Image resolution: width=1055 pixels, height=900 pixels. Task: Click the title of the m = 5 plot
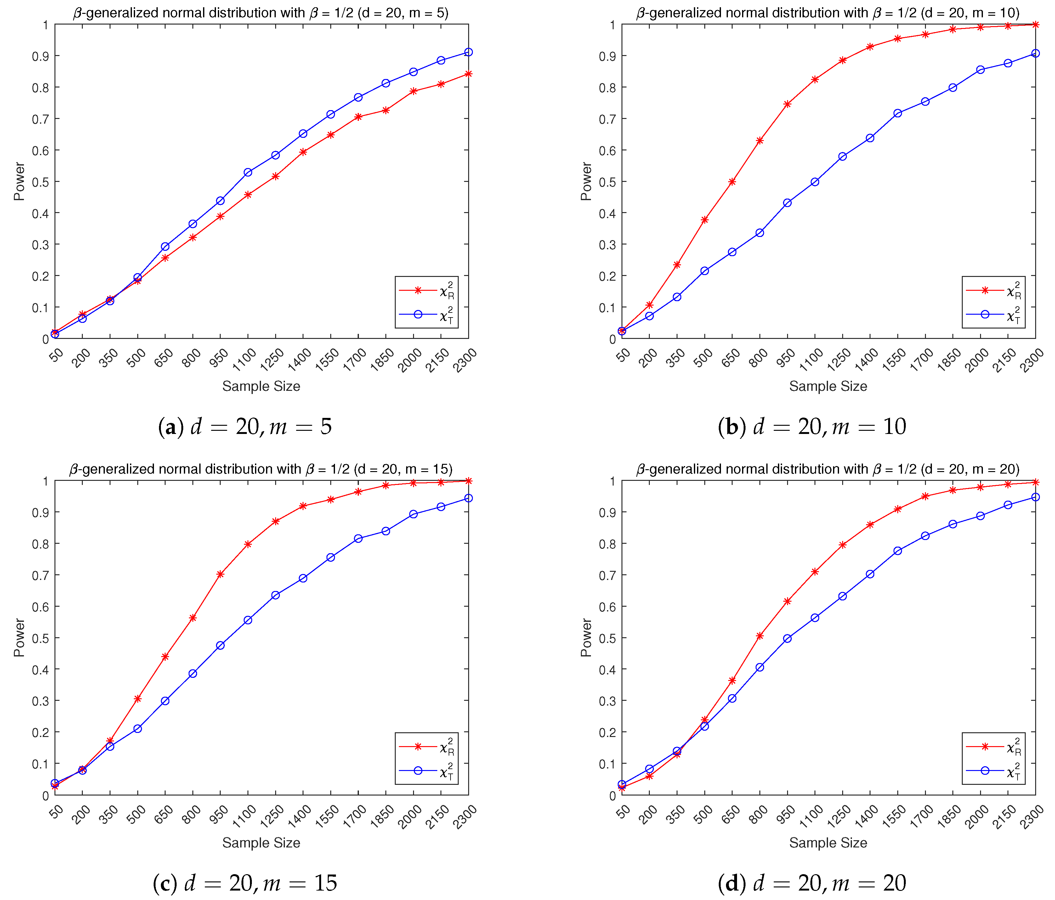(261, 13)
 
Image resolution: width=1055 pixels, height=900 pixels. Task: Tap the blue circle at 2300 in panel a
(468, 53)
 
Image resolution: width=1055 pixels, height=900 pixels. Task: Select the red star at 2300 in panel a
(468, 74)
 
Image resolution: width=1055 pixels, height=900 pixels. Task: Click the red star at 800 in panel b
(760, 140)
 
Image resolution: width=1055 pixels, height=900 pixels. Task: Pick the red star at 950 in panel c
(220, 574)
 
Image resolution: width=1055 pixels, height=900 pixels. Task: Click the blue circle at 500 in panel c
(138, 729)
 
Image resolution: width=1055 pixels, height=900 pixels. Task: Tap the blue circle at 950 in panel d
(787, 638)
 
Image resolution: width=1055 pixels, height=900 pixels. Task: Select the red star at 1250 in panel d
(843, 545)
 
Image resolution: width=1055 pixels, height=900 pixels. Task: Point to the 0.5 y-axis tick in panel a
(40, 182)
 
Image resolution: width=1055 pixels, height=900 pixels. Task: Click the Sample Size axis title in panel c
(261, 842)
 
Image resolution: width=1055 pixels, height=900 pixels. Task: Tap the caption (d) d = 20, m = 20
(812, 883)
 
